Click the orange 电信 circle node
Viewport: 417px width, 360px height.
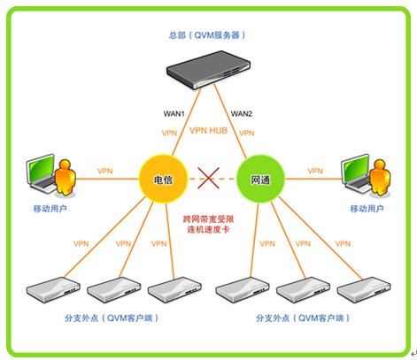click(x=163, y=179)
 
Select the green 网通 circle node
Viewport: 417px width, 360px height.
click(x=261, y=179)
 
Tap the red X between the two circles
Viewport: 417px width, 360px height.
click(x=208, y=178)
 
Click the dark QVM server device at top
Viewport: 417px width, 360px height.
click(x=208, y=70)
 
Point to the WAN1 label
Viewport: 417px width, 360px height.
click(x=174, y=113)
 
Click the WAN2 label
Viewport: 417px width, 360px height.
click(x=242, y=113)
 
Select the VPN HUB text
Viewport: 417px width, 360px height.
click(x=208, y=130)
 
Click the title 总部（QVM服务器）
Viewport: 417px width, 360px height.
click(x=207, y=35)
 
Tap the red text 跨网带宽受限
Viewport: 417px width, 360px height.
click(x=208, y=218)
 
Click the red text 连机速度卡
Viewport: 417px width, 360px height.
click(x=208, y=229)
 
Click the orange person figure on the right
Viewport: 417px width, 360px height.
click(x=380, y=177)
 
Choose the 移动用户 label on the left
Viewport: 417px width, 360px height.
click(x=50, y=209)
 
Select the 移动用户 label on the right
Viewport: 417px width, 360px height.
click(x=367, y=209)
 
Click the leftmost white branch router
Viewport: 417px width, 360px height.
click(x=53, y=289)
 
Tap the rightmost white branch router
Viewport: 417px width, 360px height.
click(x=364, y=289)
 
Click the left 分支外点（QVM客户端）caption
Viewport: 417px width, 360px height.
click(x=112, y=318)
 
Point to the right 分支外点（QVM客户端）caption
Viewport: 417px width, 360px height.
click(x=303, y=318)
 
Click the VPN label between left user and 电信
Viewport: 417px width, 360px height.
click(x=105, y=171)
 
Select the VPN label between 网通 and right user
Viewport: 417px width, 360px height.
click(x=315, y=171)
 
